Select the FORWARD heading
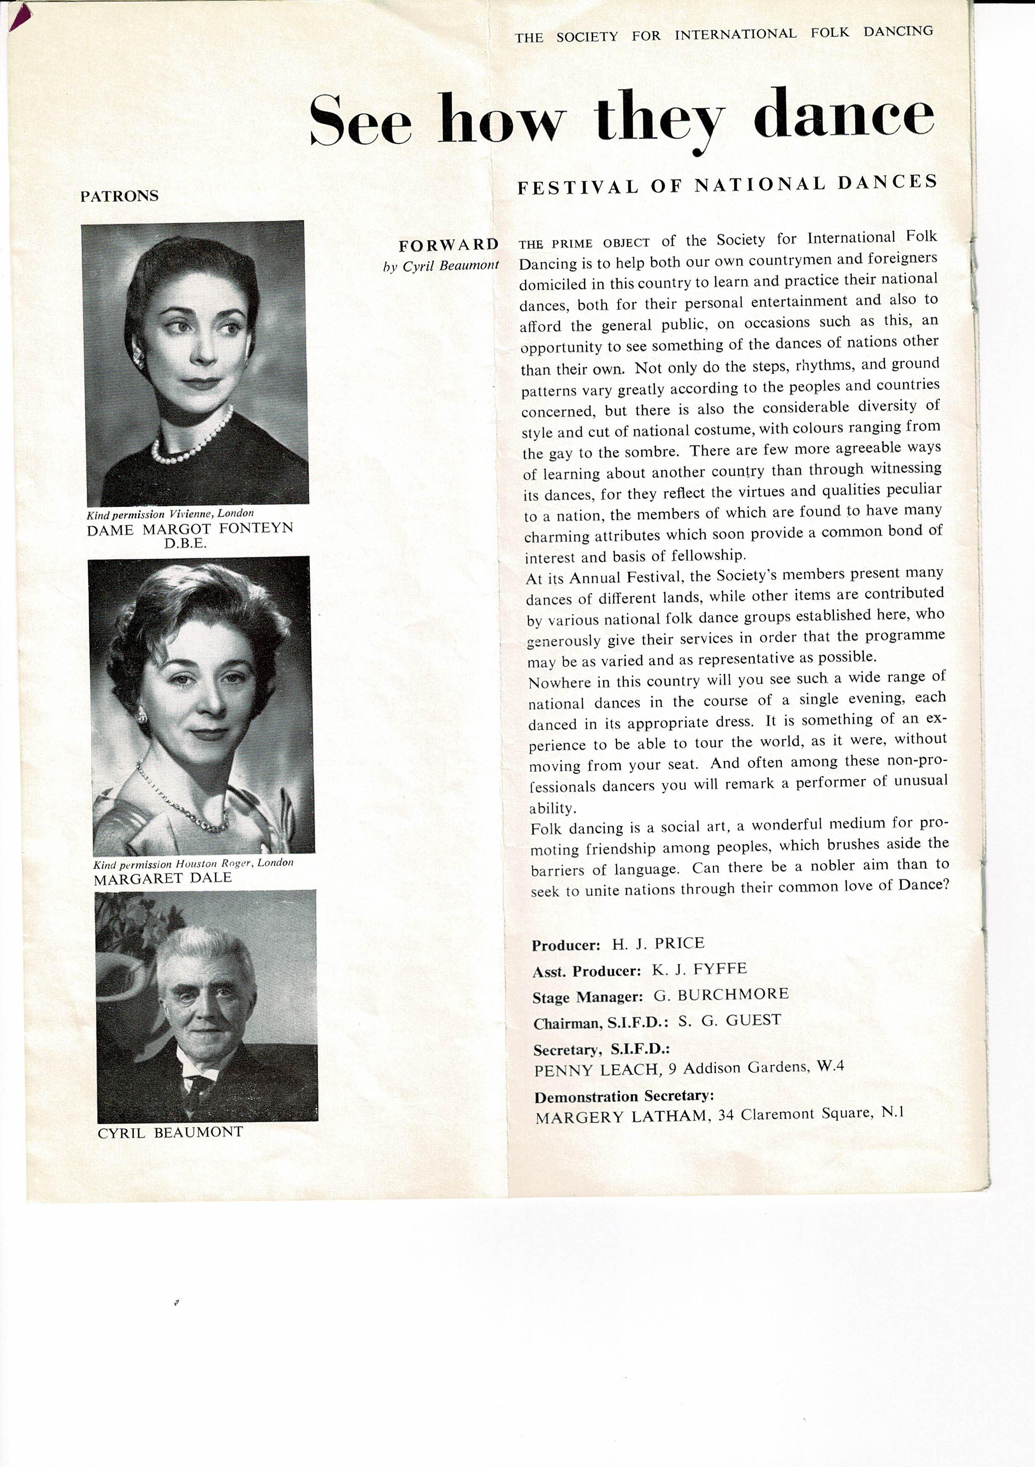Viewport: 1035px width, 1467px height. coord(448,245)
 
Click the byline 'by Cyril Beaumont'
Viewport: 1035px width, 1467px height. coord(441,266)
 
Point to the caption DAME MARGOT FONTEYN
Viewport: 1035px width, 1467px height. coord(190,529)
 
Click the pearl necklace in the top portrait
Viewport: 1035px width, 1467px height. coord(192,441)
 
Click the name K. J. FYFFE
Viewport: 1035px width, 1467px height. coord(699,969)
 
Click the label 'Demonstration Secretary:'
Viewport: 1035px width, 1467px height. coord(624,1096)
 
